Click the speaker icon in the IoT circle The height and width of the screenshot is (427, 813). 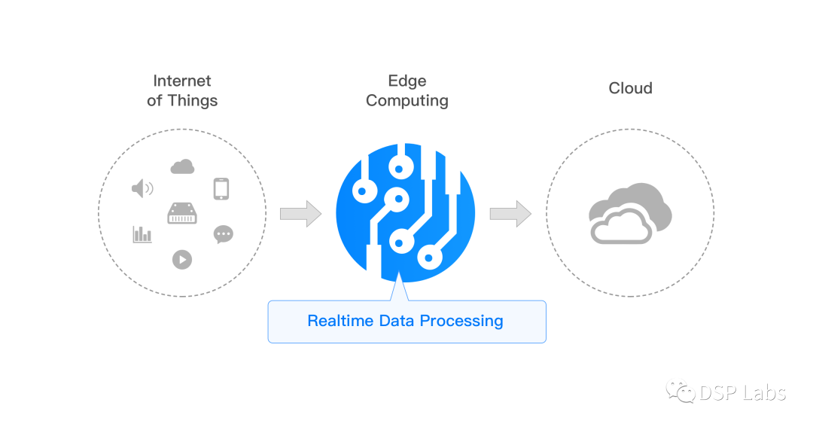(x=142, y=188)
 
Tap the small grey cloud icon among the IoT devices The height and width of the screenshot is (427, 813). (x=182, y=166)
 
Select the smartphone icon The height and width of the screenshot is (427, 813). (x=221, y=188)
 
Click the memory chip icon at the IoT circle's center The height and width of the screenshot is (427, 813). (x=182, y=213)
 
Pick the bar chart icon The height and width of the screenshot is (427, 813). (x=142, y=234)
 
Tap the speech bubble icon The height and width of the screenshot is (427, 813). (x=224, y=234)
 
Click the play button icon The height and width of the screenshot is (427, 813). (x=182, y=259)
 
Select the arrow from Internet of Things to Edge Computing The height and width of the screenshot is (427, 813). (x=300, y=213)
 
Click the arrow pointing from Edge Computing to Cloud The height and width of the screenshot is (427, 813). (x=510, y=213)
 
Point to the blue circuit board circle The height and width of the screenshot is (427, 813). (x=406, y=212)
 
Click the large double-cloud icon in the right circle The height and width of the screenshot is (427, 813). (x=630, y=213)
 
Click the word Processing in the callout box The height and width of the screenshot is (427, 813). (x=461, y=321)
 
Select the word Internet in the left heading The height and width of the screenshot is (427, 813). (x=182, y=81)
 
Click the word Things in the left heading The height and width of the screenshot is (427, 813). (x=193, y=100)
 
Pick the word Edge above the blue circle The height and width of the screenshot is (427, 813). (x=407, y=81)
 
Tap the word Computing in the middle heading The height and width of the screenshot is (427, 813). (x=407, y=101)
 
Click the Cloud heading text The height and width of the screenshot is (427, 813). (x=631, y=88)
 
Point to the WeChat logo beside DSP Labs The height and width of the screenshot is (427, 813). (x=681, y=392)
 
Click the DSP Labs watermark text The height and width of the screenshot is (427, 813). (x=742, y=393)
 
